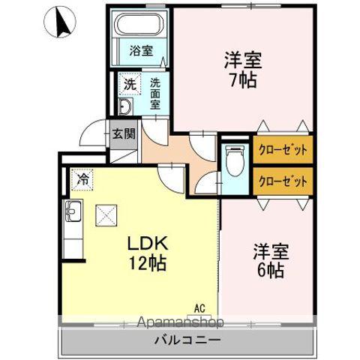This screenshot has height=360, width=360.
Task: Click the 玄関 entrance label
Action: tap(124, 135)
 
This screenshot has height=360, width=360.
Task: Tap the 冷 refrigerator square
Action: tap(84, 181)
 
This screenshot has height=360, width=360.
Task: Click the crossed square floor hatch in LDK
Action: tap(105, 216)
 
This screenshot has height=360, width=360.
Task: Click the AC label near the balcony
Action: tap(199, 307)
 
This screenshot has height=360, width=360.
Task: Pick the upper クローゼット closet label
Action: tap(283, 148)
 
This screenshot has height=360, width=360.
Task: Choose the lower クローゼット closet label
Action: tap(283, 181)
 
